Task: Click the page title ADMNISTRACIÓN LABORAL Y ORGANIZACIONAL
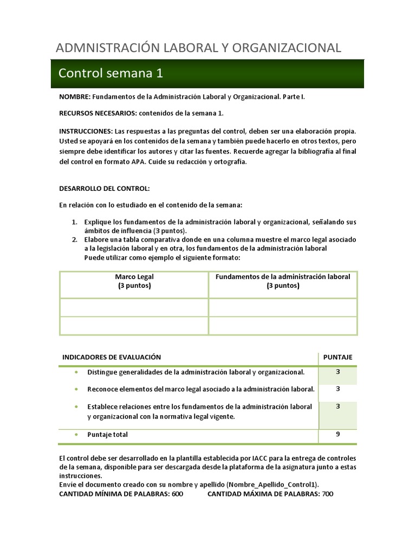(x=198, y=48)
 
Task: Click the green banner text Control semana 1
(x=110, y=73)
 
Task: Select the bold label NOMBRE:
(x=75, y=96)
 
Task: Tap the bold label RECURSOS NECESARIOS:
(x=97, y=113)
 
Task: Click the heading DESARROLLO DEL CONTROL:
(x=103, y=188)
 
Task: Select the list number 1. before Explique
(x=75, y=222)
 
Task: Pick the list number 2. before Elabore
(x=75, y=240)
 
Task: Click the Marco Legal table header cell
(x=134, y=281)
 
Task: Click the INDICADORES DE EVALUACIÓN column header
(x=112, y=357)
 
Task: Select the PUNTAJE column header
(x=337, y=357)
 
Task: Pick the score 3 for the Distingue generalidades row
(x=337, y=372)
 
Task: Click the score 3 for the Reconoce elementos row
(x=337, y=389)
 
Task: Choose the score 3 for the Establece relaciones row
(x=337, y=406)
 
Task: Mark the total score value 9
(x=337, y=434)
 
